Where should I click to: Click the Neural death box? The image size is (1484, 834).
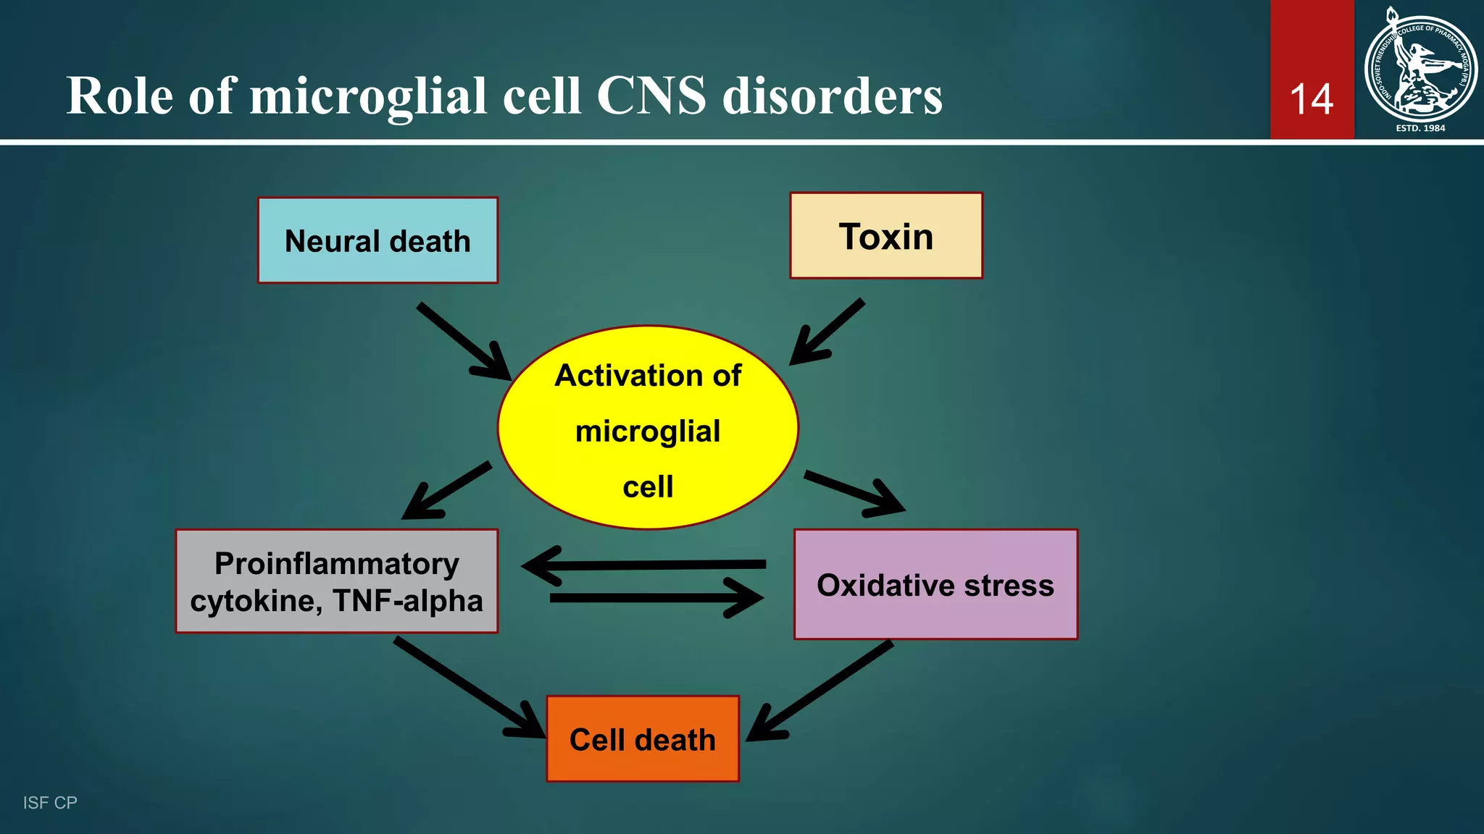coord(378,240)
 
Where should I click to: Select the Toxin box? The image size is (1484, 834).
coord(885,236)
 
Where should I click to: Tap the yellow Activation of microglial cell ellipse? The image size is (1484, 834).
coord(648,428)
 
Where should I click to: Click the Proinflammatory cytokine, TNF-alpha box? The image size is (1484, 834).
coord(336,581)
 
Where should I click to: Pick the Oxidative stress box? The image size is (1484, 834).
coord(935,585)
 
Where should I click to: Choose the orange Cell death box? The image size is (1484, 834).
coord(643,739)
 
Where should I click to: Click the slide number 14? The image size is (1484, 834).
coord(1312,99)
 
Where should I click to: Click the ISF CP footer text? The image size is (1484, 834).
coord(50,802)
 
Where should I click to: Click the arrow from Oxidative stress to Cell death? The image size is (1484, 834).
coord(820,691)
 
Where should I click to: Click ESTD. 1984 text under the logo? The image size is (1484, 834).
coord(1420,128)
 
